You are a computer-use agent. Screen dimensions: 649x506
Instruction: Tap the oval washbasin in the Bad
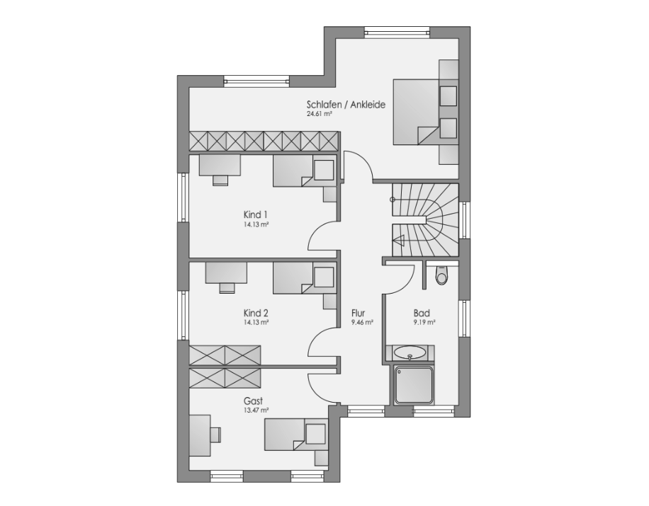click(410, 352)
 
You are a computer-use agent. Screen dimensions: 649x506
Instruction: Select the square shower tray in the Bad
click(413, 385)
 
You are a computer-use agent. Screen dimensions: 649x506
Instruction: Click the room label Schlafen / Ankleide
click(346, 105)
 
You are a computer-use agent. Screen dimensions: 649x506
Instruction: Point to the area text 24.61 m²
click(320, 115)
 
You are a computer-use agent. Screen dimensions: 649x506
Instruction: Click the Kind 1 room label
click(255, 215)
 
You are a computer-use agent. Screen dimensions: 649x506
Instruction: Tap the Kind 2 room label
click(255, 313)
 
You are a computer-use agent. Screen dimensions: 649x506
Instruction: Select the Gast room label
click(254, 401)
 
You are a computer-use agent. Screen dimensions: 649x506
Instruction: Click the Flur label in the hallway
click(358, 313)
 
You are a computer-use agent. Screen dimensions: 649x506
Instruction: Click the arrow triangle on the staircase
click(399, 240)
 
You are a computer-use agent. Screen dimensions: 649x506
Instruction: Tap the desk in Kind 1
click(220, 165)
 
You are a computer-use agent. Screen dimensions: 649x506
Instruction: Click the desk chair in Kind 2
click(227, 287)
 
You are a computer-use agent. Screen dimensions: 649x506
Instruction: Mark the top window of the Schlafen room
click(397, 33)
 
